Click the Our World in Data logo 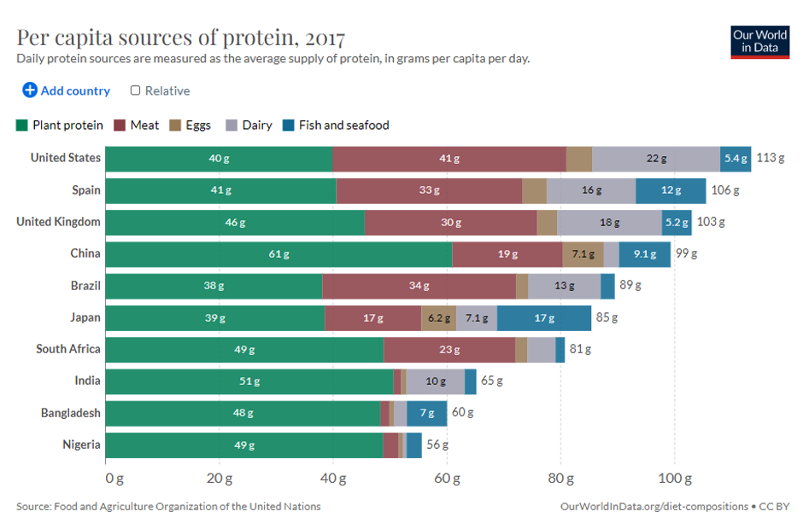[x=759, y=41]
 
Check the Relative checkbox [x=136, y=90]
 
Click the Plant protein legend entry [x=60, y=125]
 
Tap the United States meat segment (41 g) [x=449, y=159]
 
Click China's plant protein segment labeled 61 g [x=279, y=254]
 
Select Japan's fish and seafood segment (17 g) [x=544, y=318]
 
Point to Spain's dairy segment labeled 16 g [x=591, y=190]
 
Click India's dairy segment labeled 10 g [x=436, y=381]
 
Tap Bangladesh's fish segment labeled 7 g [x=426, y=413]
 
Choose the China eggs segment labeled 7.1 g [x=583, y=254]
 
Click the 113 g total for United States [x=770, y=159]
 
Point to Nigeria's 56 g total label [x=437, y=445]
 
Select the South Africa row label [x=67, y=349]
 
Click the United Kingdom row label [x=58, y=222]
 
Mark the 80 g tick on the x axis [x=560, y=477]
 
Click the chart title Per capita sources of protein [x=180, y=38]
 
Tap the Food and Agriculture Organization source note [x=168, y=506]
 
